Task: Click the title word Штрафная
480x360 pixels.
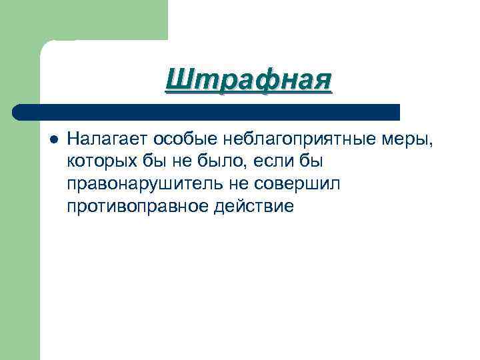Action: pos(248,81)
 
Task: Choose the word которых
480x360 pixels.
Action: pos(97,161)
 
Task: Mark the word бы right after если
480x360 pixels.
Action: pos(299,161)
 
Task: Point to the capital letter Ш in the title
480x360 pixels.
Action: pos(179,81)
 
